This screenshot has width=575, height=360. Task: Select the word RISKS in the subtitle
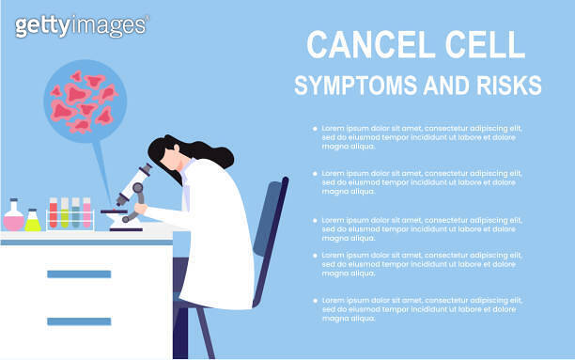(508, 86)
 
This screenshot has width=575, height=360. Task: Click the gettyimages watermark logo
(81, 25)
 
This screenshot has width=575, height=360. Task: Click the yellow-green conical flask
(33, 221)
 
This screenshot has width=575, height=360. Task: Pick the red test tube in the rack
(54, 213)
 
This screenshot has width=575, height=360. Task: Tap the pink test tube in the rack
(86, 213)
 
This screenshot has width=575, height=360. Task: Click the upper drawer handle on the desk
(79, 274)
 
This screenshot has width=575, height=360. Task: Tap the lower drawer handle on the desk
(79, 321)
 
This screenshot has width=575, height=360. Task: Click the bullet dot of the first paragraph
(315, 128)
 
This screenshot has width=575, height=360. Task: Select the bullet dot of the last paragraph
(315, 300)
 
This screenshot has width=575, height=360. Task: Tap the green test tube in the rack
(75, 213)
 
